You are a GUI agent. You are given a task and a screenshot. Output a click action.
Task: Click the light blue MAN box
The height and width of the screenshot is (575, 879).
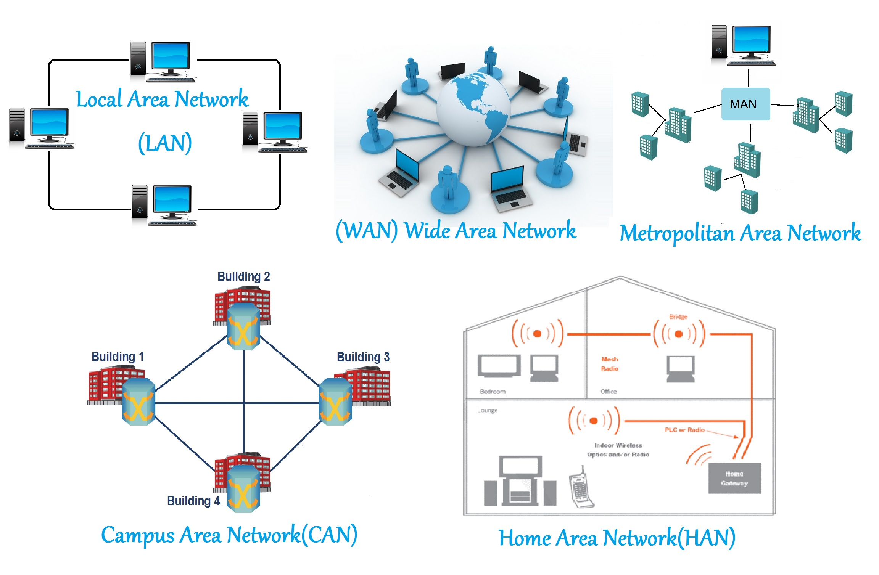pos(745,104)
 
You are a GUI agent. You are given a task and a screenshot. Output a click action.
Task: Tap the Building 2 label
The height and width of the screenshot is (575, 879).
pos(243,276)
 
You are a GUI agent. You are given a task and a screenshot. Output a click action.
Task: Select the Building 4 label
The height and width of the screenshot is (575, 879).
pos(193,501)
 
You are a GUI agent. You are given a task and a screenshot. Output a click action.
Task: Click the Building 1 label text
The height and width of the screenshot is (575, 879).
pos(118,357)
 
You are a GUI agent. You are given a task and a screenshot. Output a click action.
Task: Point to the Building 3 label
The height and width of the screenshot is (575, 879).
pos(363,357)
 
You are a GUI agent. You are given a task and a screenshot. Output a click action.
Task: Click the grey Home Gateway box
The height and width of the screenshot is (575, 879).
pos(734,479)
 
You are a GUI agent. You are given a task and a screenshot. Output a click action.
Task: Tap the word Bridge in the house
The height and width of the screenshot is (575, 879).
pos(678,317)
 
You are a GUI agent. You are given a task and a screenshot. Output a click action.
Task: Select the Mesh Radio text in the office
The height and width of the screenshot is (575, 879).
pos(609,364)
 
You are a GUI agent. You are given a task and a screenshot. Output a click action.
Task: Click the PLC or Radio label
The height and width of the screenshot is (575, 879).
pos(684,430)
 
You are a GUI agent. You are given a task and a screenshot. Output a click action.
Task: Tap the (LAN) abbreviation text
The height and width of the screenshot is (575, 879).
pos(165,143)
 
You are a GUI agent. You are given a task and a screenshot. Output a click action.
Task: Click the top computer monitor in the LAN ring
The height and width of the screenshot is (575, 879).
pos(171,56)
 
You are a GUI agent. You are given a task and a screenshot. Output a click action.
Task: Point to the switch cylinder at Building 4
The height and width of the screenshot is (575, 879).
pos(243,489)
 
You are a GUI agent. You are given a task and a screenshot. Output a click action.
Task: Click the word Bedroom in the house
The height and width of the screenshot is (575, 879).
pos(493,392)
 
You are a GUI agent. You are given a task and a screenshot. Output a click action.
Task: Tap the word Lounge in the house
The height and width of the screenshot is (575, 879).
pos(487,410)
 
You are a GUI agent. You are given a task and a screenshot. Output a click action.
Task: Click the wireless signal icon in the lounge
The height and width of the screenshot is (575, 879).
pos(594,421)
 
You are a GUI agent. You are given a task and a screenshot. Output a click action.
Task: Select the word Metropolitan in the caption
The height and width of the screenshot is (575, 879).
pos(677,233)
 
